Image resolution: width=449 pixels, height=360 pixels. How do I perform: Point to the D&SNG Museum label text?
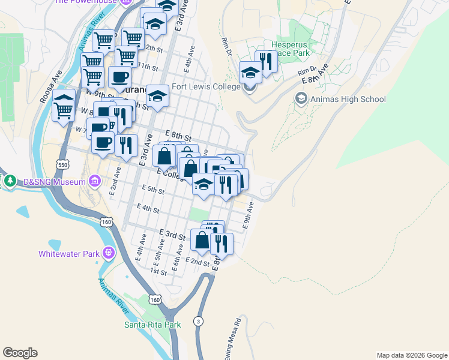[x=52, y=181]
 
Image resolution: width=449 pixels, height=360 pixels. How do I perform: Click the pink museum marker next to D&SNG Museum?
[x=95, y=181]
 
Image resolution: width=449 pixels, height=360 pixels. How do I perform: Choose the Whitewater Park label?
[x=68, y=253]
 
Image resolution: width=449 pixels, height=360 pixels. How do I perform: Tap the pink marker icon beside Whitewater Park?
[x=108, y=253]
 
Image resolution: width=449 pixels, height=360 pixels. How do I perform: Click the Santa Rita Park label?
[x=152, y=325]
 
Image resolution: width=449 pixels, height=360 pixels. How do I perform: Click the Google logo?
[x=20, y=353]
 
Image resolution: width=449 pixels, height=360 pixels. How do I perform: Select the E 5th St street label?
[x=153, y=190]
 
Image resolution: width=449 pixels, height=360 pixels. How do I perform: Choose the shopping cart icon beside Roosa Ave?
[x=64, y=108]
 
